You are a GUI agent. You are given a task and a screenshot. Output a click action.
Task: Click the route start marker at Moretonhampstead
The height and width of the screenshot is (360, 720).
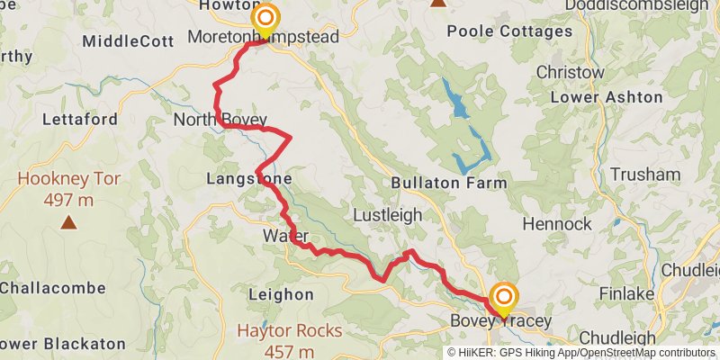click(265, 19)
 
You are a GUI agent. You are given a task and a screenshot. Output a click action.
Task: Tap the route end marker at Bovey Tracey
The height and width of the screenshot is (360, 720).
click(503, 297)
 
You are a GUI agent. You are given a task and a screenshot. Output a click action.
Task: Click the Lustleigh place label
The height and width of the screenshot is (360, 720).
click(386, 216)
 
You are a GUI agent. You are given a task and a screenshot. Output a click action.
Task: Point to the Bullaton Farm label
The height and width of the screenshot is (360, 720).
click(449, 183)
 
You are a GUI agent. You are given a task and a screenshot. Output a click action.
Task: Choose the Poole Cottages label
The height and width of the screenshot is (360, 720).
click(509, 31)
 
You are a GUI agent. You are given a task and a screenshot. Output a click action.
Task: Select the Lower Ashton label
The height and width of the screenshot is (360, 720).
click(606, 97)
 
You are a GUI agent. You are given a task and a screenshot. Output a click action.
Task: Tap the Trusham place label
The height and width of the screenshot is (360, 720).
click(644, 175)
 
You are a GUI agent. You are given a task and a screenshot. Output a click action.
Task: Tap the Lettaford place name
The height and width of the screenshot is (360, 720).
click(76, 119)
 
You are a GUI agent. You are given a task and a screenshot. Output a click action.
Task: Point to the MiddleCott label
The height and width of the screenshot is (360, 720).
click(121, 41)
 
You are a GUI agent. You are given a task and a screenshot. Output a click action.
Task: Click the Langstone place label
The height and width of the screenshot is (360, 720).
click(249, 180)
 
